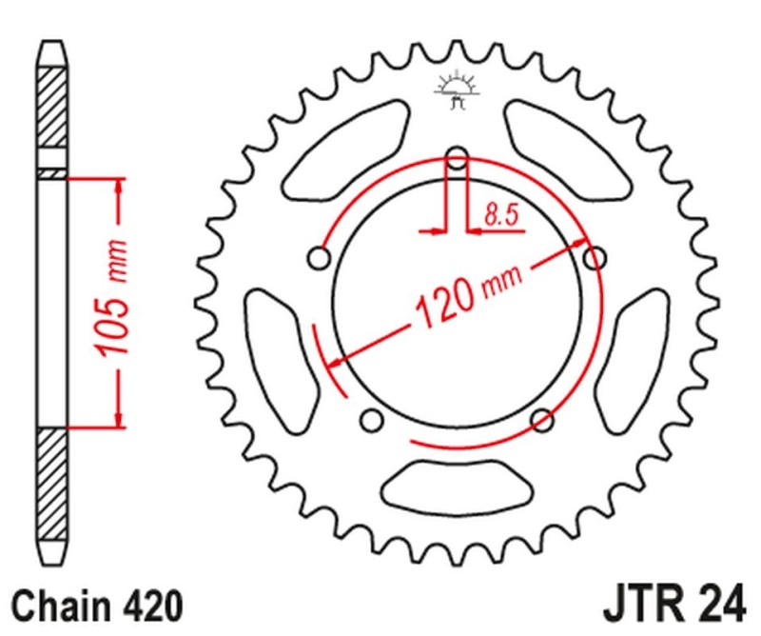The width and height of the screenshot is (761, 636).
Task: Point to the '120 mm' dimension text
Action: point(459,297)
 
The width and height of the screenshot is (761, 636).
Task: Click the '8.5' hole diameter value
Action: point(501,215)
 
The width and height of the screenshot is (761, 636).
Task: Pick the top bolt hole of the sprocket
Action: point(457,157)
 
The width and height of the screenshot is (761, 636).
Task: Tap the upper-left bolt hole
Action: point(319,258)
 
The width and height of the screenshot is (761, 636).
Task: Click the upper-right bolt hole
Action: point(595,258)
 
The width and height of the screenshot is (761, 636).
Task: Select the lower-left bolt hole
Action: point(372,420)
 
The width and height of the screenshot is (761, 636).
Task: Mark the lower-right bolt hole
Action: point(541,420)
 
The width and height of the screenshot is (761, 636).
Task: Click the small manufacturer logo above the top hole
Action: point(455,91)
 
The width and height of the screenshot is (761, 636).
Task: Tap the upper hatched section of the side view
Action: point(52,109)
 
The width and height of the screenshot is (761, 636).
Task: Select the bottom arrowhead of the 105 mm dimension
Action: point(119,418)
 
